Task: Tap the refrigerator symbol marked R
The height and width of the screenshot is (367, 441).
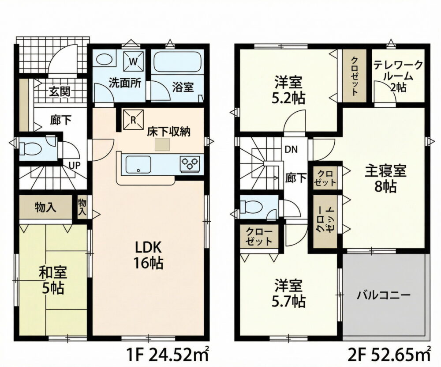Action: coord(133,120)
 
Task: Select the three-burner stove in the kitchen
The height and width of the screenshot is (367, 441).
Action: coord(190,164)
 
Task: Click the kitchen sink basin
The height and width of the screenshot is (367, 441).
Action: coord(138,164)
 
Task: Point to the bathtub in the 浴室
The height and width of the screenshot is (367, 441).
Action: coord(177,61)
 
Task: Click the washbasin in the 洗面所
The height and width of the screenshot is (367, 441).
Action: coord(104,59)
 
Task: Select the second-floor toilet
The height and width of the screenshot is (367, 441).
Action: coord(251,207)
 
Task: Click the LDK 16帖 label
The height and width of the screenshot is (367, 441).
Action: coord(148,255)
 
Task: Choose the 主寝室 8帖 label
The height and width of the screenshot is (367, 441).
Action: coord(385,179)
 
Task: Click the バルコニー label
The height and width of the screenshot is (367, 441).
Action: coord(384,295)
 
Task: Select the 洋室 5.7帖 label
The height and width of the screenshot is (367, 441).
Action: coord(288,293)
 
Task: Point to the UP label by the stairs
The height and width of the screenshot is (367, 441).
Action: coord(75,165)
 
